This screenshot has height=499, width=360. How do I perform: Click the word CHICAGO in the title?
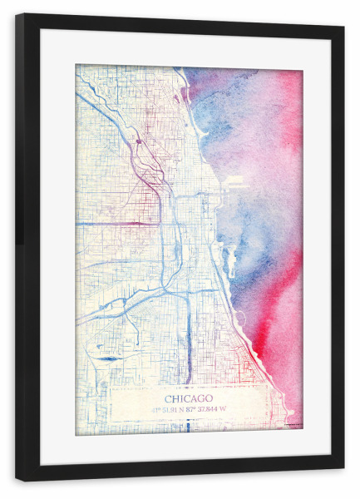tap(189, 398)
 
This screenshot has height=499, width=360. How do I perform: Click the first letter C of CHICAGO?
tap(169, 398)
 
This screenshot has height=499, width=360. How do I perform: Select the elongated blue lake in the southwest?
tap(108, 358)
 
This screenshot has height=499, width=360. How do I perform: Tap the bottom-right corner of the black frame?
tap(343, 479)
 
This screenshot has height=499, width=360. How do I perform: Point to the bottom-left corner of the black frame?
tap(17, 479)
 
